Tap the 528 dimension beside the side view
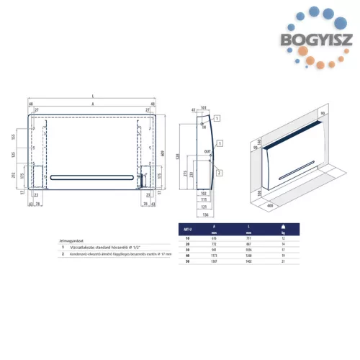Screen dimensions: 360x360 [x=181, y=162]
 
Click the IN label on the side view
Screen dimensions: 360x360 [x=202, y=127]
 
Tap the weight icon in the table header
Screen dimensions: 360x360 [x=283, y=227]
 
